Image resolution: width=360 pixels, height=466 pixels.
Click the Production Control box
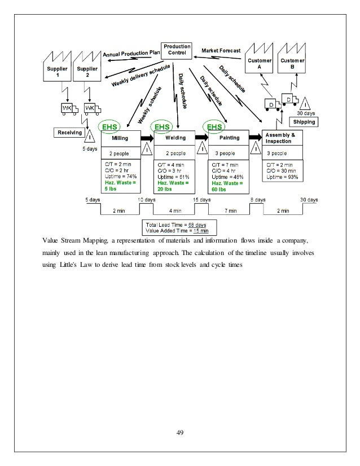pyautogui.click(x=177, y=50)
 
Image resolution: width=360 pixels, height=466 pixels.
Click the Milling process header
pyautogui.click(x=120, y=137)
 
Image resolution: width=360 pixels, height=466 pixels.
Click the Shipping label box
pyautogui.click(x=303, y=121)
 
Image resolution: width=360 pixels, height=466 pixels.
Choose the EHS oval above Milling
pyautogui.click(x=107, y=128)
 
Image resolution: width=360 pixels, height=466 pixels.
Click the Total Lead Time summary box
pyautogui.click(x=177, y=227)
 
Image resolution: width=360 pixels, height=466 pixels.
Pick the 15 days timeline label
pyautogui.click(x=201, y=200)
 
